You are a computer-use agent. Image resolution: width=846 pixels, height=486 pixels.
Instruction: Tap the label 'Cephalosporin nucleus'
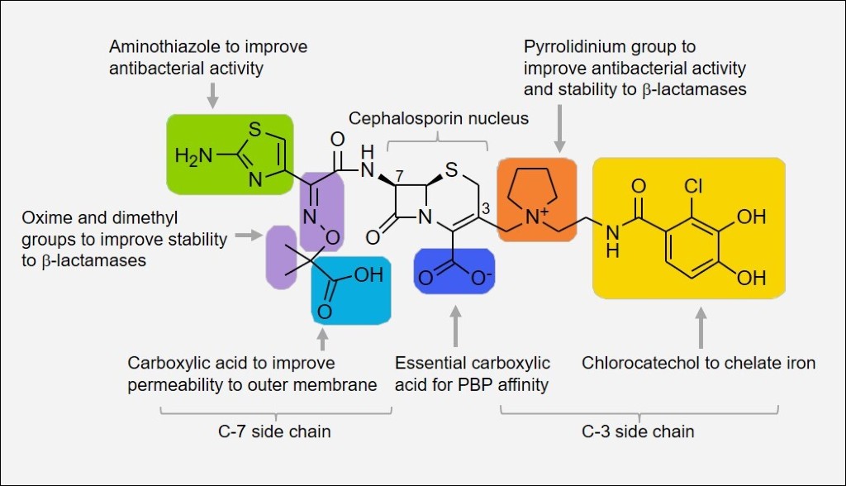coord(438,118)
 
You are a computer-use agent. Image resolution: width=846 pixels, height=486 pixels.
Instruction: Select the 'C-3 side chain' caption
coord(639,431)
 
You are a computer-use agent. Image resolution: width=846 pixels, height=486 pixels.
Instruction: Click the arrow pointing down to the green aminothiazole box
coord(212,95)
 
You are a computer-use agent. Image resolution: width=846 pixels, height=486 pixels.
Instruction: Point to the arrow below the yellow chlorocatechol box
coord(701,326)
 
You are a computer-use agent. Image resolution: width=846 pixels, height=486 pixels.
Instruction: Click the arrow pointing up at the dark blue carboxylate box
coord(454,326)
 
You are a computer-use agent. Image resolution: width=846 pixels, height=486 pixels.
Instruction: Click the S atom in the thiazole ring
coord(254,129)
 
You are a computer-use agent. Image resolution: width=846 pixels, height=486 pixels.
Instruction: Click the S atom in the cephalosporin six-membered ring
coord(450,171)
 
